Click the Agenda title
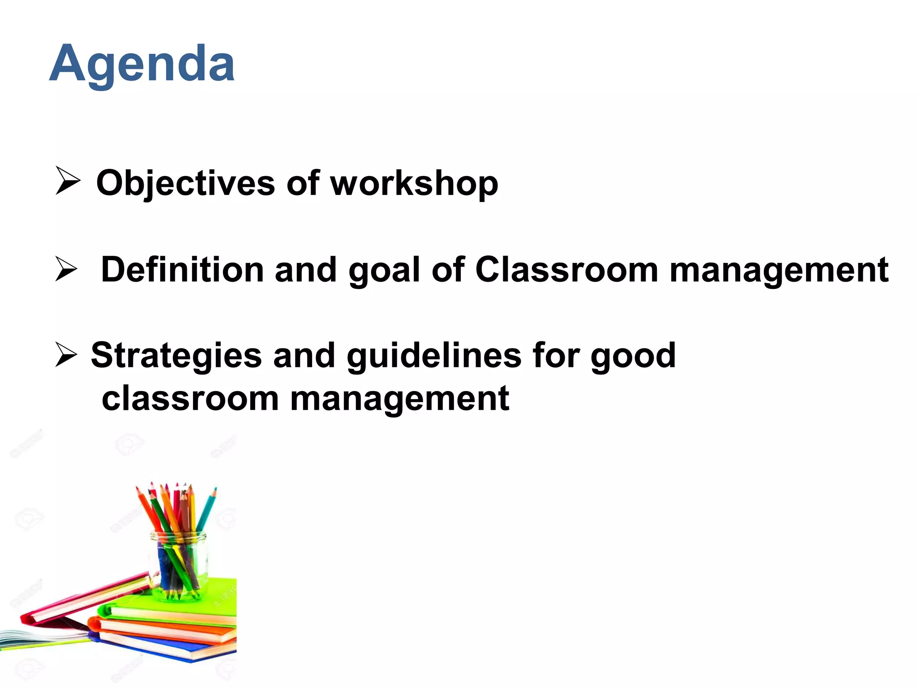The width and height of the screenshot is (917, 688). pos(142,64)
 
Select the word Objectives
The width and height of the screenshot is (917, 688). pos(185,183)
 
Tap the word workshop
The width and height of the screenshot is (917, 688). pos(414,183)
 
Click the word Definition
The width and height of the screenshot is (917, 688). pos(182,270)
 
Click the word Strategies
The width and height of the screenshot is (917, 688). pos(176,355)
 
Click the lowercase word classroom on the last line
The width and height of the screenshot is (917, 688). pos(190,398)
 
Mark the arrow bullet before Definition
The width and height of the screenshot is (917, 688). pos(66,269)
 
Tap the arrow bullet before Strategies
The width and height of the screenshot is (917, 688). pos(66,354)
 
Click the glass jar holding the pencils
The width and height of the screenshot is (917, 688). pos(179,564)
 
